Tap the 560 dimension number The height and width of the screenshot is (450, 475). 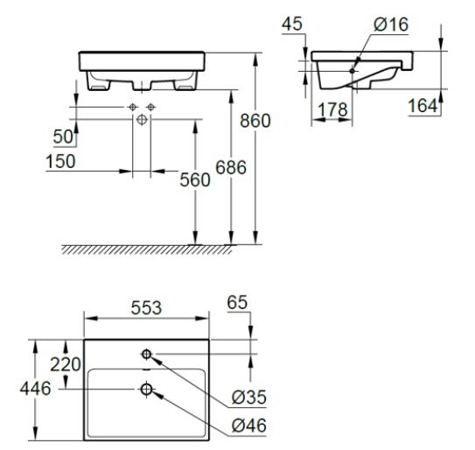coord(195,179)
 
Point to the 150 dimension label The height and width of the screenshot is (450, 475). coord(60,163)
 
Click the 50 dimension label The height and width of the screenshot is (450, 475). coord(61,137)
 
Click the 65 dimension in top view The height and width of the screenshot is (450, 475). coord(238,303)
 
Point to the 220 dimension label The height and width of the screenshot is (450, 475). coord(66,363)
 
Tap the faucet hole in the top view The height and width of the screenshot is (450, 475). coord(146,353)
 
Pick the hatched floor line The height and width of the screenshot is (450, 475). coord(162,250)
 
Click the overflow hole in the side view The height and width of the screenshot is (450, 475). coord(353,68)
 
